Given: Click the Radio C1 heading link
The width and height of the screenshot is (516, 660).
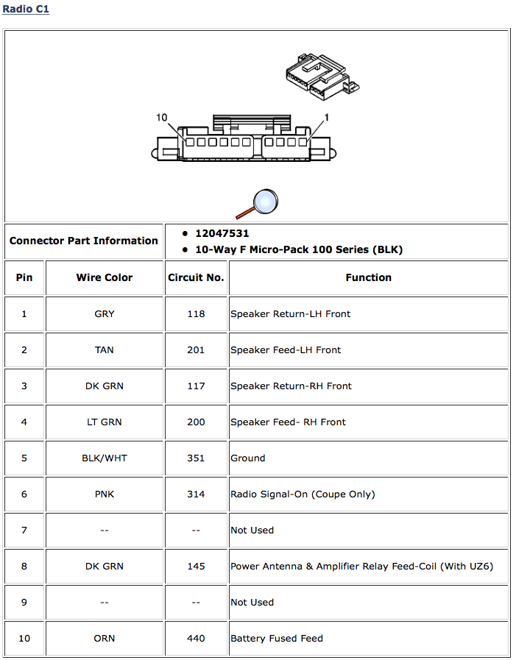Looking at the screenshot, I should [26, 10].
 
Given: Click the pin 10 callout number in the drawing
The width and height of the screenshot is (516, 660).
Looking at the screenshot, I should [163, 118].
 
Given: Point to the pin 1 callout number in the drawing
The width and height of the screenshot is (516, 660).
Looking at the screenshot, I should [327, 118].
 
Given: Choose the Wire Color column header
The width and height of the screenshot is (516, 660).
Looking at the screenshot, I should [105, 277].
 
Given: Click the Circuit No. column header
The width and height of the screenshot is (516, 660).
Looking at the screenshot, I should [196, 277].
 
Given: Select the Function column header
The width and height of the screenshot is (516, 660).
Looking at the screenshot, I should [368, 277].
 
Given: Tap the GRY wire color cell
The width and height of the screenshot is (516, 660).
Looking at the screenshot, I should [105, 313].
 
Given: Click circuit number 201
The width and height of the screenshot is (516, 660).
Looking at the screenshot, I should [196, 349].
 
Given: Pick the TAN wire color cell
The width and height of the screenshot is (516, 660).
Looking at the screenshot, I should [105, 349].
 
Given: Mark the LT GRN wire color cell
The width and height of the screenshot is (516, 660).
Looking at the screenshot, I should [105, 422].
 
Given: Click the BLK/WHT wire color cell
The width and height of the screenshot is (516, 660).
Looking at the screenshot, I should [105, 458].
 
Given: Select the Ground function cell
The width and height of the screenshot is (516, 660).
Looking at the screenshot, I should [248, 458].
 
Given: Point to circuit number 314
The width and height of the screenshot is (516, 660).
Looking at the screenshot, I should [196, 494].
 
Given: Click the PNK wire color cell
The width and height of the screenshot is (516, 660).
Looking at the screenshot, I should [105, 494].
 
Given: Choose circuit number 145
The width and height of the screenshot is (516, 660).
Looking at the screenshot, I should [196, 566].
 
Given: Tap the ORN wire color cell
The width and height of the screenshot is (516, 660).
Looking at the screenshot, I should [105, 638].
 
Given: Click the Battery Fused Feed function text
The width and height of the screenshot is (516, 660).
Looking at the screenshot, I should [277, 638].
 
